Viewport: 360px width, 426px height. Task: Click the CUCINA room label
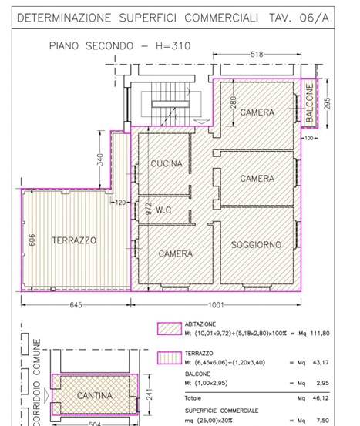click(167, 163)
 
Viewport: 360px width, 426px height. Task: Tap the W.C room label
click(163, 210)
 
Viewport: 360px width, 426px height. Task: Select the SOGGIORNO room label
click(256, 245)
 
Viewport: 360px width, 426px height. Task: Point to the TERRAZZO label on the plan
click(74, 240)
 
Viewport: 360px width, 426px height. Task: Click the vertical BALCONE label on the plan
click(310, 102)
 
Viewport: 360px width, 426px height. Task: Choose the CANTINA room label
click(95, 396)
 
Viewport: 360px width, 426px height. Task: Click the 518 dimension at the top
click(257, 55)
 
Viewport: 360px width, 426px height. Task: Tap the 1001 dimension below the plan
click(216, 305)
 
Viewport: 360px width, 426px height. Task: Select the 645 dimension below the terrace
click(76, 305)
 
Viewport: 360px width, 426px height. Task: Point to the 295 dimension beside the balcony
click(328, 103)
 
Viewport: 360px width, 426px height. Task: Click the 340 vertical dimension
click(100, 159)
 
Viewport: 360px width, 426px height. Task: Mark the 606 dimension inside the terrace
click(32, 240)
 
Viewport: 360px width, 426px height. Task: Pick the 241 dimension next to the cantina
click(149, 394)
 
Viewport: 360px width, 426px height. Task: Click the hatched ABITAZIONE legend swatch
click(170, 328)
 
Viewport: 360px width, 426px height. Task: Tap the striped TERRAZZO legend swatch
click(170, 358)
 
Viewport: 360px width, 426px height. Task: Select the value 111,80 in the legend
click(320, 333)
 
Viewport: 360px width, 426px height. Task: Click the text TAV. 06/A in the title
click(299, 18)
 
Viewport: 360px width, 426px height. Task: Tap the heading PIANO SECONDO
click(92, 45)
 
